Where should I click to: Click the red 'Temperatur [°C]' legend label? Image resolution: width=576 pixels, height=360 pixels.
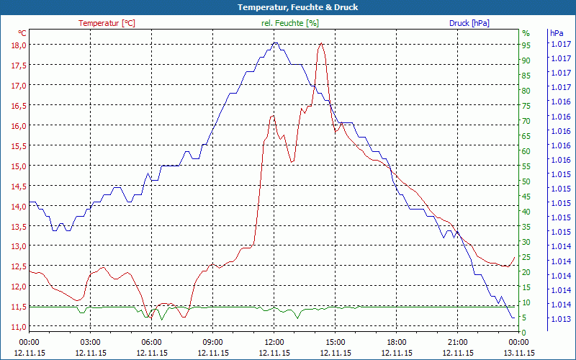107,23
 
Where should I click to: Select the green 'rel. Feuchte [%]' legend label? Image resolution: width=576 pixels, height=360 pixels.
289,23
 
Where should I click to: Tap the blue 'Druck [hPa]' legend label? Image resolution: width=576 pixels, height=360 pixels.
469,23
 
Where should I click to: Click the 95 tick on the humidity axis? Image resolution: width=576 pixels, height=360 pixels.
526,45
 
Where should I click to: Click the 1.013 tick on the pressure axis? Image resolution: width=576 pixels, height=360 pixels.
560,319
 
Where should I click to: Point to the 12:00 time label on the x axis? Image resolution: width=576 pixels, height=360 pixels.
274,342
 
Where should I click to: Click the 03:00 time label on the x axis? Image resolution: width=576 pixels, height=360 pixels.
90,342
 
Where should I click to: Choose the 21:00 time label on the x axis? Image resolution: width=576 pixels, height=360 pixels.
457,342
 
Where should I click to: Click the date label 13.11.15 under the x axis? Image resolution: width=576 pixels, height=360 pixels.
518,353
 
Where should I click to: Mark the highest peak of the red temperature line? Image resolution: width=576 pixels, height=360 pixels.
320,44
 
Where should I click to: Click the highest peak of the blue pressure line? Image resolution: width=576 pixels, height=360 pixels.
274,43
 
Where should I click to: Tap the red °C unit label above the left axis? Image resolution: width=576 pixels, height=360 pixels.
22,33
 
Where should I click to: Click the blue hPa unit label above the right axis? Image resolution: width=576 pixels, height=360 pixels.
557,33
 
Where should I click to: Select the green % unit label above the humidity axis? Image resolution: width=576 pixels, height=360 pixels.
526,33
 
